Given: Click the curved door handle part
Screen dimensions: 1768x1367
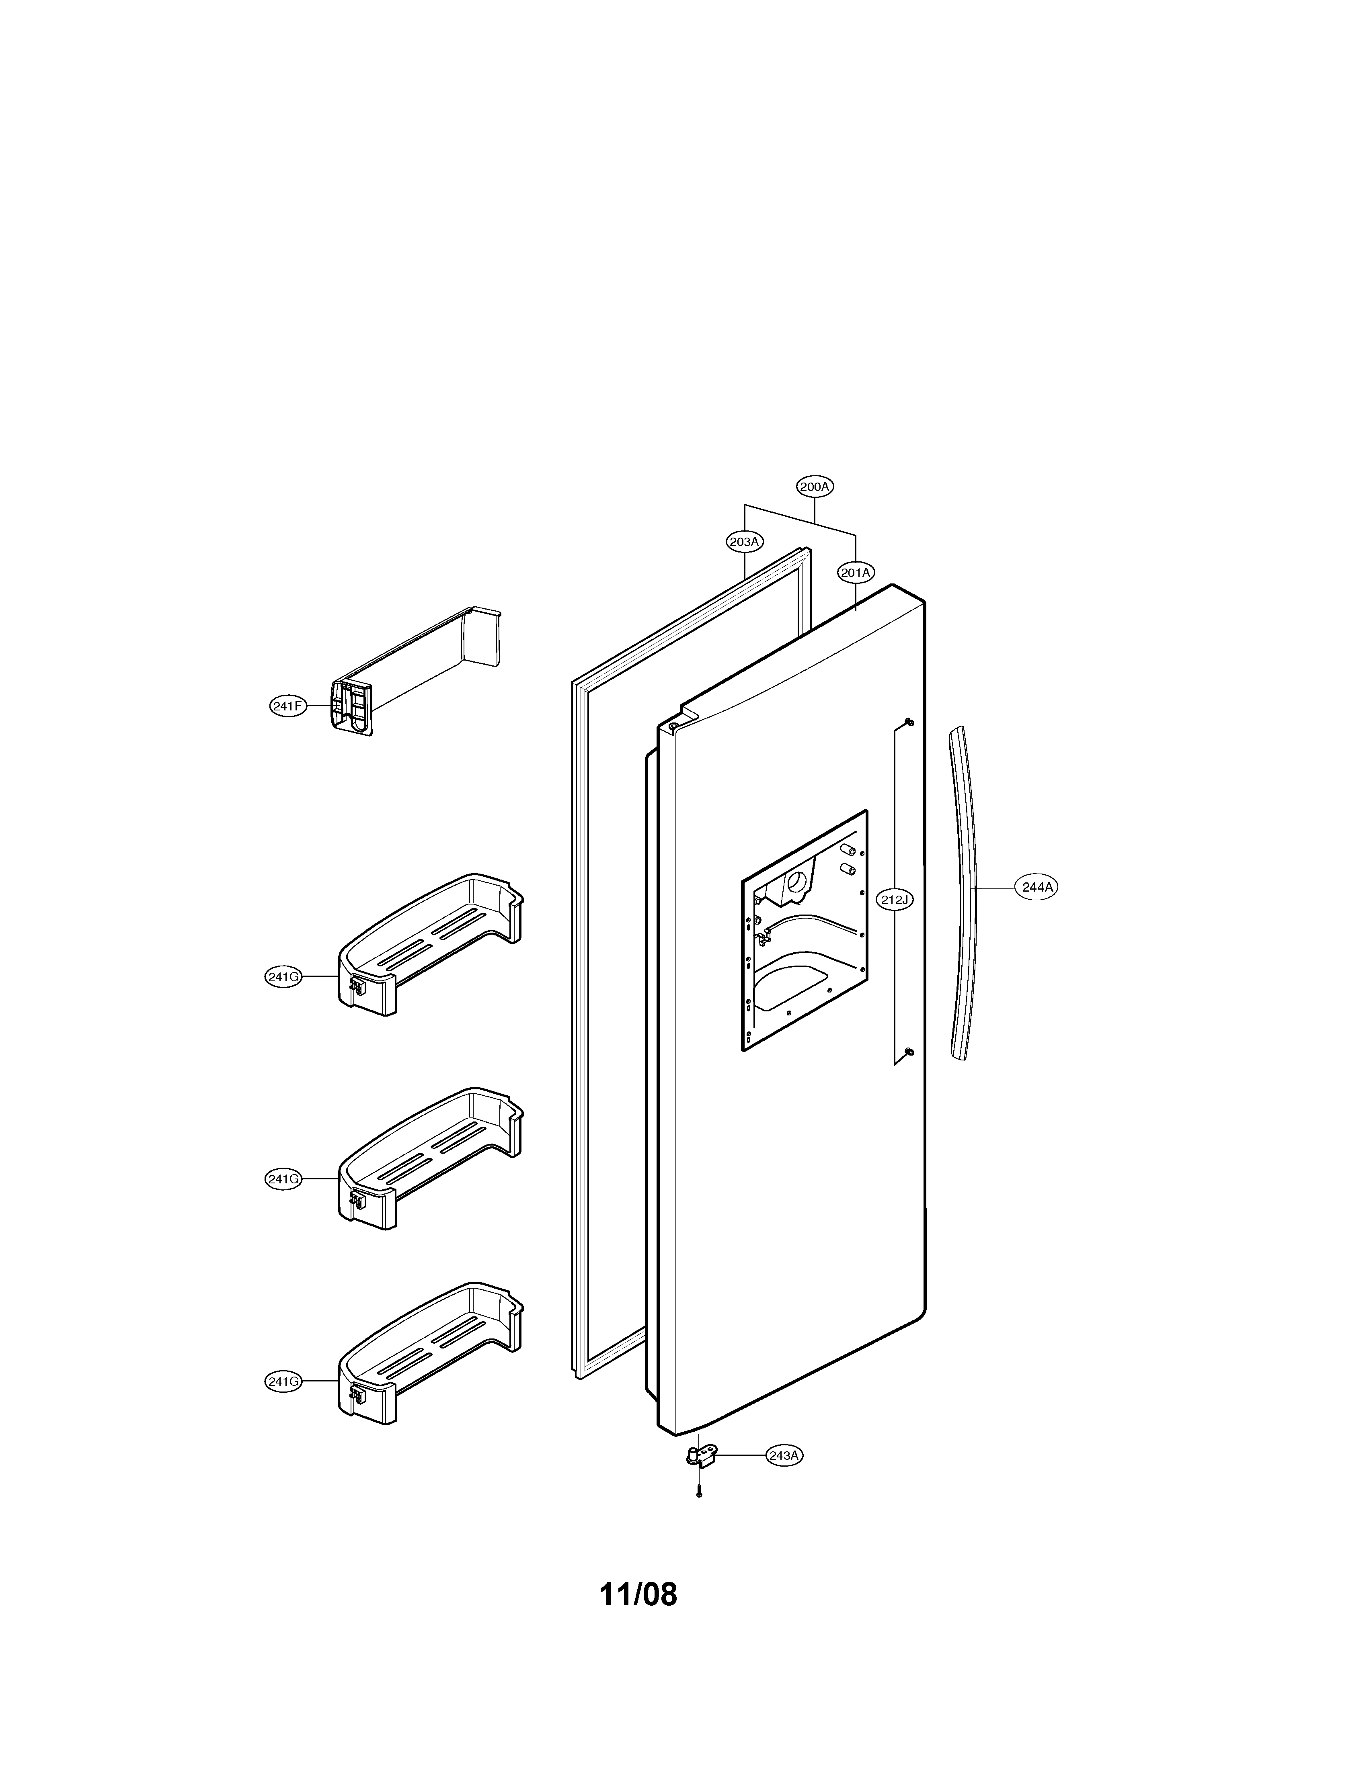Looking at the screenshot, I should (965, 890).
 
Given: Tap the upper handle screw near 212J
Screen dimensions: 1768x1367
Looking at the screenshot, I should (909, 721).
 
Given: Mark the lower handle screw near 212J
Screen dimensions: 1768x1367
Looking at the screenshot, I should (909, 1052).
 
